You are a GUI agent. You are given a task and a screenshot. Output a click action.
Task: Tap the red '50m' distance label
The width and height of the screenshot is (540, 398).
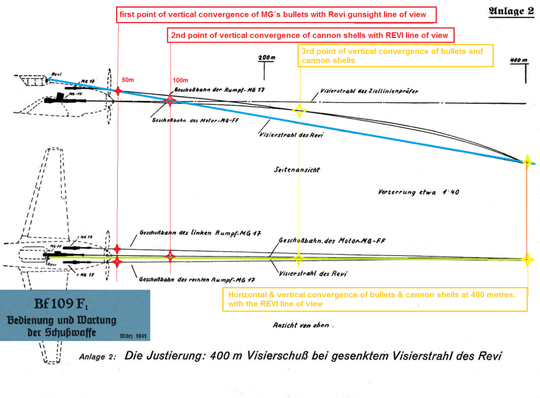pyautogui.click(x=129, y=80)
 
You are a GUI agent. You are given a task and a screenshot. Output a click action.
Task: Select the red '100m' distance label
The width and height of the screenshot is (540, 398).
pyautogui.click(x=181, y=80)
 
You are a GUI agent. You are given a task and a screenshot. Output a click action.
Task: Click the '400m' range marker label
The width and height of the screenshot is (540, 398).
pyautogui.click(x=518, y=60)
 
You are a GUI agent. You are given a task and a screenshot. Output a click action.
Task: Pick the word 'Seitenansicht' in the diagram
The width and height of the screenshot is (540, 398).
pyautogui.click(x=297, y=170)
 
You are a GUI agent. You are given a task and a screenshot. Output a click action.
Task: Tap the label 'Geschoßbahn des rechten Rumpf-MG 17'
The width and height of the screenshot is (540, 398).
pyautogui.click(x=197, y=280)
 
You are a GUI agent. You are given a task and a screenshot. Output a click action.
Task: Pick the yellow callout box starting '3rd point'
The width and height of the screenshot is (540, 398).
pyautogui.click(x=396, y=56)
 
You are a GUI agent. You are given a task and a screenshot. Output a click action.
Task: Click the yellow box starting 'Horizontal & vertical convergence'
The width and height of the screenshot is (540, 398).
pyautogui.click(x=375, y=299)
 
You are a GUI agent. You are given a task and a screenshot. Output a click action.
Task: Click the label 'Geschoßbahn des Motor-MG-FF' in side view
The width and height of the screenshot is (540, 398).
pyautogui.click(x=181, y=121)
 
